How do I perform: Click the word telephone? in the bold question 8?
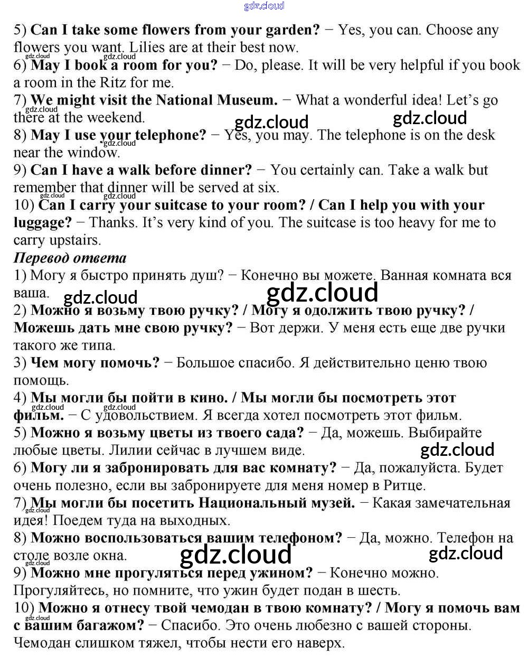(171, 135)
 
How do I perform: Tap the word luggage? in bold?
(42, 222)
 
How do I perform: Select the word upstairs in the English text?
(74, 240)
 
